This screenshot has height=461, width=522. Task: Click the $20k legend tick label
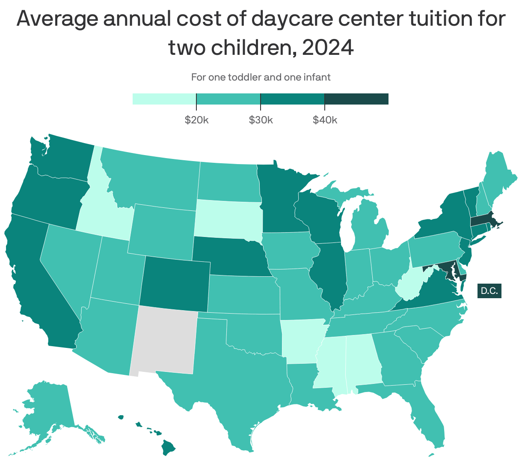tap(196, 120)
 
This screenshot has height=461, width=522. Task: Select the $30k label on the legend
tap(261, 120)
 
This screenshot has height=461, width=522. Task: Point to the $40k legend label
tap(325, 120)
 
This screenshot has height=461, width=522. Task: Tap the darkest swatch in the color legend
tap(356, 99)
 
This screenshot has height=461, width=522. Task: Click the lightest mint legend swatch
tap(164, 99)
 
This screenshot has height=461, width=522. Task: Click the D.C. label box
tap(489, 291)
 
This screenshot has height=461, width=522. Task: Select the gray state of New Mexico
tap(165, 341)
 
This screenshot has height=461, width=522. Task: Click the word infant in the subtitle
tap(317, 77)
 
